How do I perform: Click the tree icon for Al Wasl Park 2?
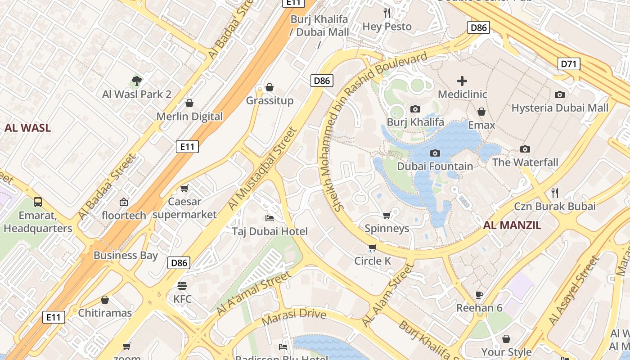click(137, 81)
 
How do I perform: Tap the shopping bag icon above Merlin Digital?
click(189, 103)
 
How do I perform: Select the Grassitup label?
click(270, 100)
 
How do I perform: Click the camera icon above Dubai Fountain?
click(435, 153)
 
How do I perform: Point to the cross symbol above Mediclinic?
click(462, 81)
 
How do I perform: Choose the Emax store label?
click(481, 125)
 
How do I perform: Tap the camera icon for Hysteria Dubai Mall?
click(560, 94)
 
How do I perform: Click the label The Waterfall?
click(525, 162)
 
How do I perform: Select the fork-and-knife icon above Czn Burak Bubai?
click(555, 193)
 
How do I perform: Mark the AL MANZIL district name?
click(512, 225)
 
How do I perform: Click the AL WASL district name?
click(27, 128)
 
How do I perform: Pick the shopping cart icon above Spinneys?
click(387, 216)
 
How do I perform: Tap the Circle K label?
click(373, 261)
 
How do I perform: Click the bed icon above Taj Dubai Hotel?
click(269, 218)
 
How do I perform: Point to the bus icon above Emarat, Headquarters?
click(38, 202)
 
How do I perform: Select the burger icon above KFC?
click(182, 286)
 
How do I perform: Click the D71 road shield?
click(569, 64)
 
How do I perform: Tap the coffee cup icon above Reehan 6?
click(479, 295)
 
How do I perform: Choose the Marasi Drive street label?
click(293, 316)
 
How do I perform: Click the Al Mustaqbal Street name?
click(263, 168)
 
